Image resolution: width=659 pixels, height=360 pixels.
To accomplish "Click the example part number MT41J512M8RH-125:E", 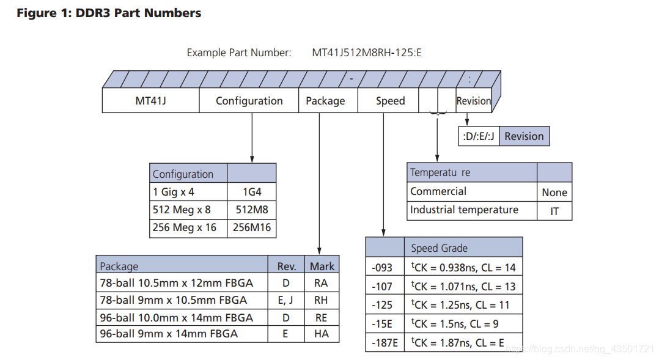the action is pos(367,53).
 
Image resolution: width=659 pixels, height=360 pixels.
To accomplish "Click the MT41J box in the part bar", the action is pos(150,100).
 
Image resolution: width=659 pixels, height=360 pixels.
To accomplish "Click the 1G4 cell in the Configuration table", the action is pos(252,192).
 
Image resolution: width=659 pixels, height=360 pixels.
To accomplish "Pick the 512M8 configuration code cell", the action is pos(252,210).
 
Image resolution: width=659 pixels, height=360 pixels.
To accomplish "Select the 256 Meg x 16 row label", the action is pos(185,228).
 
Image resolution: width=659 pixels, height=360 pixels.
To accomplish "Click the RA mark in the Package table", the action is pos(321,283).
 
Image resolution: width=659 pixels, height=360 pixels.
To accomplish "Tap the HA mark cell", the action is pos(322,334).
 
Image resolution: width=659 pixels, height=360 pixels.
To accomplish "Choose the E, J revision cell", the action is pos(286,300).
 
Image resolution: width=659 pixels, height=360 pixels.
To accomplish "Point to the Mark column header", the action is pos(322,266).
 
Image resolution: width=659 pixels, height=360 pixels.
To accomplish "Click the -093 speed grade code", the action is pos(382,268).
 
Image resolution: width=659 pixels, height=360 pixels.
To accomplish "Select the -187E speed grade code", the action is pos(385,343).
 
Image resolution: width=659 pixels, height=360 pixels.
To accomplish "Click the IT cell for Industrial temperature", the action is pos(554,211).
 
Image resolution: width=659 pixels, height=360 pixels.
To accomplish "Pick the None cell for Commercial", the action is pos(554,193).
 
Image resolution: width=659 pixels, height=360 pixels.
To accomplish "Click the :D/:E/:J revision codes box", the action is pos(479,136).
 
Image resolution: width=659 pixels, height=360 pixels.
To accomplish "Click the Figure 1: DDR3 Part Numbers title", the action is pos(109,13).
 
